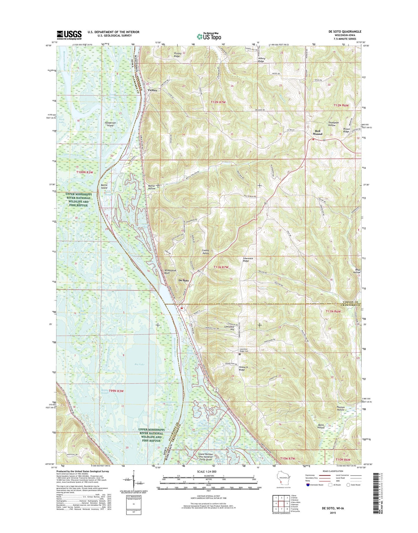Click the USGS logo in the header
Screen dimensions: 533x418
(69, 35)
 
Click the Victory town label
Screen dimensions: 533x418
(152, 90)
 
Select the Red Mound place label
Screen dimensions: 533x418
(317, 132)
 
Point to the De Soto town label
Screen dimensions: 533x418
(184, 280)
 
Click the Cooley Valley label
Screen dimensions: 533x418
(205, 252)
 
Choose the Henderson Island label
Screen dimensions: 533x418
(110, 124)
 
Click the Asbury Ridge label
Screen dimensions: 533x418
(261, 60)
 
